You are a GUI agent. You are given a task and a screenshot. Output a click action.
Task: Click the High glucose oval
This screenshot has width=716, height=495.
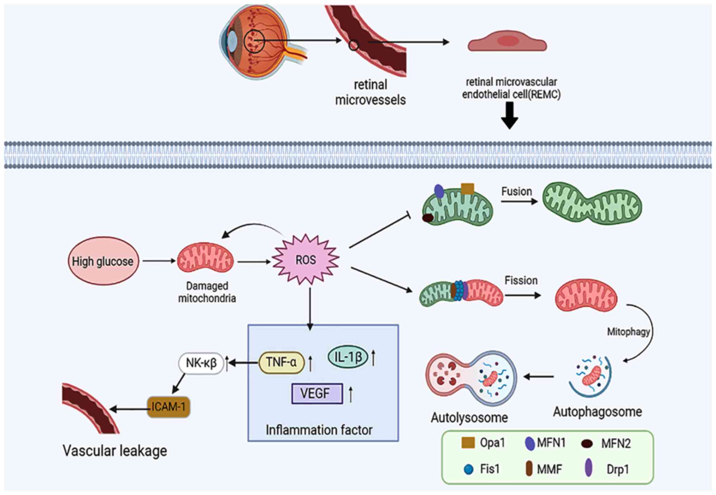[103, 261]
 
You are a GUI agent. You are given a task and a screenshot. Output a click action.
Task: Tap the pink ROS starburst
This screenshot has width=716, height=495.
[305, 260]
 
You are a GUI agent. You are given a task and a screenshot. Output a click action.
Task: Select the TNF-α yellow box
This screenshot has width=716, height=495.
[281, 362]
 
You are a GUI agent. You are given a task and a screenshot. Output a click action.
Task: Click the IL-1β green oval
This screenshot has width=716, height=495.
[348, 357]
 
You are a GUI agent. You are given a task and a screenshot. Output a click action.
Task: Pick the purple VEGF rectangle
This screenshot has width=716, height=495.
[317, 393]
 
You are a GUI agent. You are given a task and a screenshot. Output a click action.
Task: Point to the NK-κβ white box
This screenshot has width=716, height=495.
[201, 363]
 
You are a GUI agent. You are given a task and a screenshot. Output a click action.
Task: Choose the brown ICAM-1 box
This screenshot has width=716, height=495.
[168, 407]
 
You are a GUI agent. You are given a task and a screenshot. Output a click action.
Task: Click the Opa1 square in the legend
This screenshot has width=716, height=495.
[468, 443]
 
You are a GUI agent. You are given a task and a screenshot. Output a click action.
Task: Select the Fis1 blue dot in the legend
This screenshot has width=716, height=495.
[468, 469]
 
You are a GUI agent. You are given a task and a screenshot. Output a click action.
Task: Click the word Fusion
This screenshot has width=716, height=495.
[517, 192]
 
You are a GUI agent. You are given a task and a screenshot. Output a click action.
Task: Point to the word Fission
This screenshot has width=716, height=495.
[521, 280]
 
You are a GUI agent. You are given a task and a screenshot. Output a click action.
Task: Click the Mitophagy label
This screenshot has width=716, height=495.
[628, 332]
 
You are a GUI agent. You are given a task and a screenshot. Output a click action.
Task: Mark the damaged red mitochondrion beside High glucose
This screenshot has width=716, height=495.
[205, 258]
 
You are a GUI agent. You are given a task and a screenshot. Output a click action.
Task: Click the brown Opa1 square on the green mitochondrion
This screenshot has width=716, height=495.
[468, 188]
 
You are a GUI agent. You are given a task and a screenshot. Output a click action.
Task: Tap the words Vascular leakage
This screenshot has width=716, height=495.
[115, 451]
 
